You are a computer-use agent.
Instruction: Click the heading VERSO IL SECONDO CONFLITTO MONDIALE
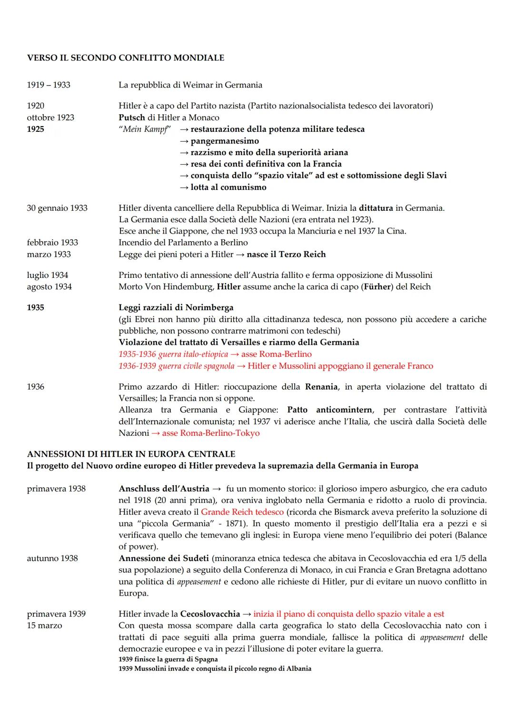pos(126,58)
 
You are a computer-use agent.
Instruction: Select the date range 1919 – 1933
pos(49,85)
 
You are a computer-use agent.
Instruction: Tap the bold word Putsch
pos(132,118)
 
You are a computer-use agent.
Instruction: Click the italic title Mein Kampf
pos(145,129)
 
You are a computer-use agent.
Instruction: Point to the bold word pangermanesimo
pos(225,141)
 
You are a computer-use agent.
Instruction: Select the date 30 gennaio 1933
pos(57,208)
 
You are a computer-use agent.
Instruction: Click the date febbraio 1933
pos(52,243)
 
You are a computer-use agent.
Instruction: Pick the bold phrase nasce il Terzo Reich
pos(286,254)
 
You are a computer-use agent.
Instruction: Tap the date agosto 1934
pos(49,287)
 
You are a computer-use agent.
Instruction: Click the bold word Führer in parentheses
pos(377,287)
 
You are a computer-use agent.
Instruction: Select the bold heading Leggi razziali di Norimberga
pos(176,307)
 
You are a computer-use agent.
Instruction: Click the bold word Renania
pos(321,387)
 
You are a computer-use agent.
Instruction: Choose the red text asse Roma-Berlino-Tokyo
pos(211,433)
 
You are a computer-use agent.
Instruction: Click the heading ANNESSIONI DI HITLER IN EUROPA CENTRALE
pos(131,454)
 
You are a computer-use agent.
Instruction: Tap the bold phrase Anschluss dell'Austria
pos(164,489)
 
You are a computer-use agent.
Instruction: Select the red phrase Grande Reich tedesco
pos(242,512)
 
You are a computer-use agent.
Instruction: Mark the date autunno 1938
pos(52,559)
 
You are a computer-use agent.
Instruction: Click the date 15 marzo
pos(44,626)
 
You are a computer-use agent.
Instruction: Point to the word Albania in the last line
pos(299,668)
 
